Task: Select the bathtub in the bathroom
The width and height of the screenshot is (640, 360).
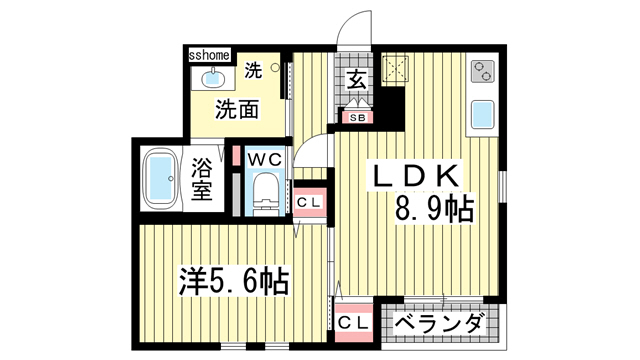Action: click(x=159, y=182)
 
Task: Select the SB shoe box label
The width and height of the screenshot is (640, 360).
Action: click(x=356, y=117)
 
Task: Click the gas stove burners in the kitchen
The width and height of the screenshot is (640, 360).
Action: click(x=484, y=72)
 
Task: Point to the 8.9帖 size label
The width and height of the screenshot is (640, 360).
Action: click(x=433, y=210)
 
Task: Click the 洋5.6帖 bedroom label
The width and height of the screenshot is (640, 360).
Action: click(x=234, y=280)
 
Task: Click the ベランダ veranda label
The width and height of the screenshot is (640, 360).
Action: click(x=440, y=324)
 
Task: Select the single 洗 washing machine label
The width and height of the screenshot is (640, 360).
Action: click(x=254, y=69)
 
